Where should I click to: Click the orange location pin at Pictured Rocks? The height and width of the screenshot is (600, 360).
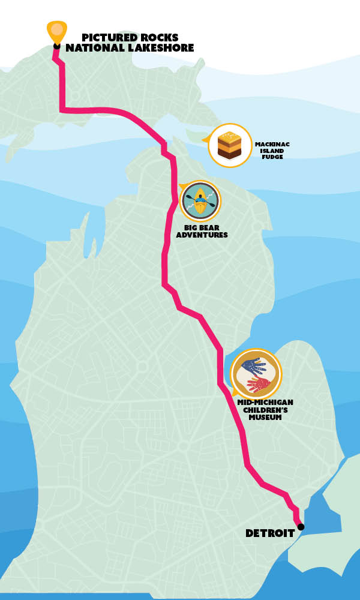pos(57,30)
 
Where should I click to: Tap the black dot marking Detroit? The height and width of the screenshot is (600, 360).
pos(301,527)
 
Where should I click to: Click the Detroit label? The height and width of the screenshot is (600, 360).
pos(269,533)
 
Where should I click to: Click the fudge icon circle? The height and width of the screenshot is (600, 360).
pos(230,145)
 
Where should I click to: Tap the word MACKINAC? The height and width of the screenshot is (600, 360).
pos(272,144)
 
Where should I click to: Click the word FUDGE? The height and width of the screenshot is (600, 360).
pos(272,157)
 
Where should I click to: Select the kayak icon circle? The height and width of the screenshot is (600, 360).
pos(200,201)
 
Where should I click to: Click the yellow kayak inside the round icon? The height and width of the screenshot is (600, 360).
pos(200,201)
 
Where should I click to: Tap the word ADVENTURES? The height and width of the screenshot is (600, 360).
pos(202,235)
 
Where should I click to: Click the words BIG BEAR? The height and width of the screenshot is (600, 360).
pos(202,227)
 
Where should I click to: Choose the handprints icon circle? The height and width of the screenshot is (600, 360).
pos(256,373)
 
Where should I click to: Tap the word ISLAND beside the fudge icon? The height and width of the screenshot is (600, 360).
pos(272,151)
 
